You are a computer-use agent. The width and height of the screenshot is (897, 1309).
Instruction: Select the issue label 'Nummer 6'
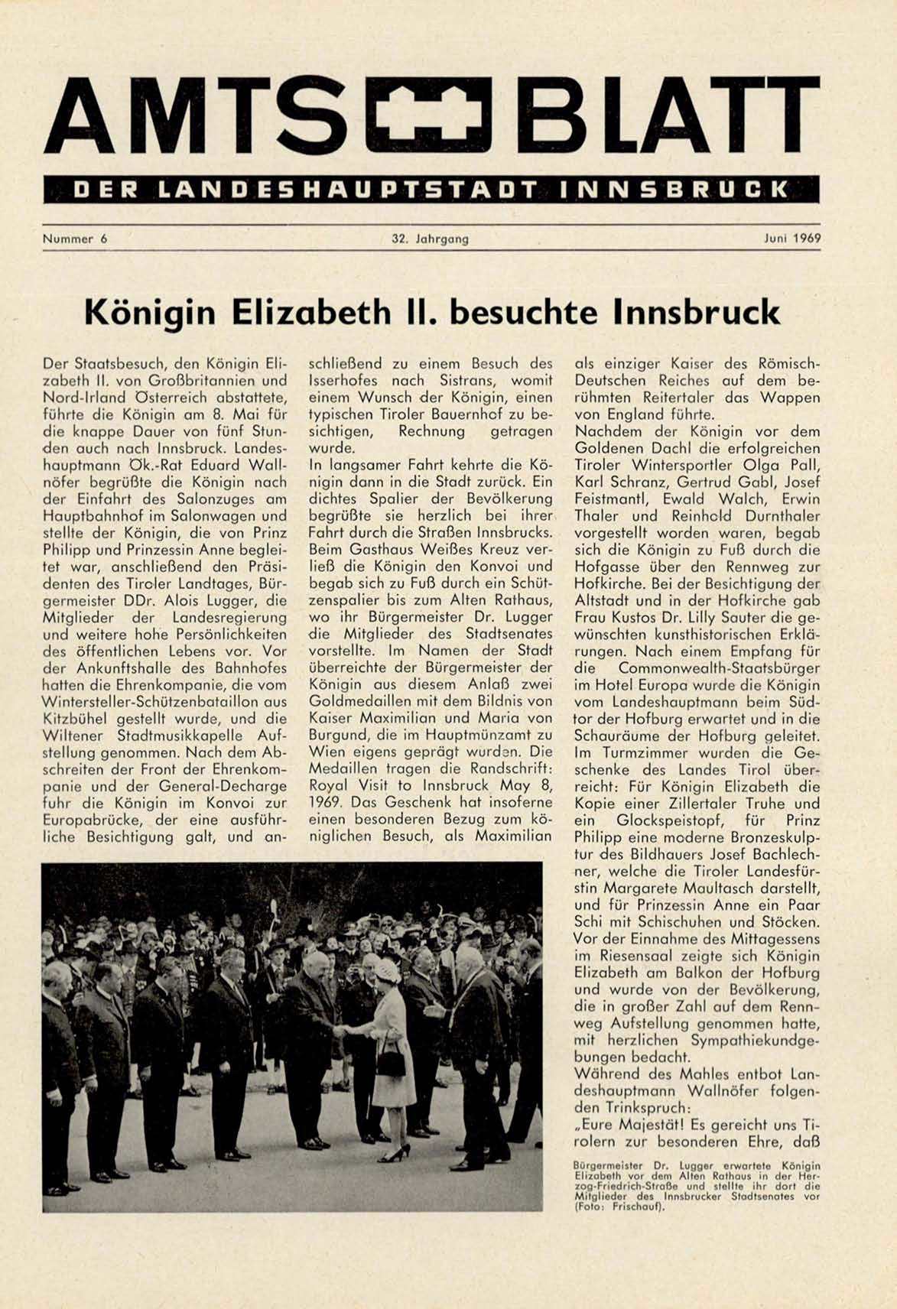click(75, 239)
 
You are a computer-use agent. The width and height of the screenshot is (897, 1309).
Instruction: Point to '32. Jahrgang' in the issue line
click(430, 239)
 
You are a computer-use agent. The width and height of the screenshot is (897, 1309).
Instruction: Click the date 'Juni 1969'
click(792, 239)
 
